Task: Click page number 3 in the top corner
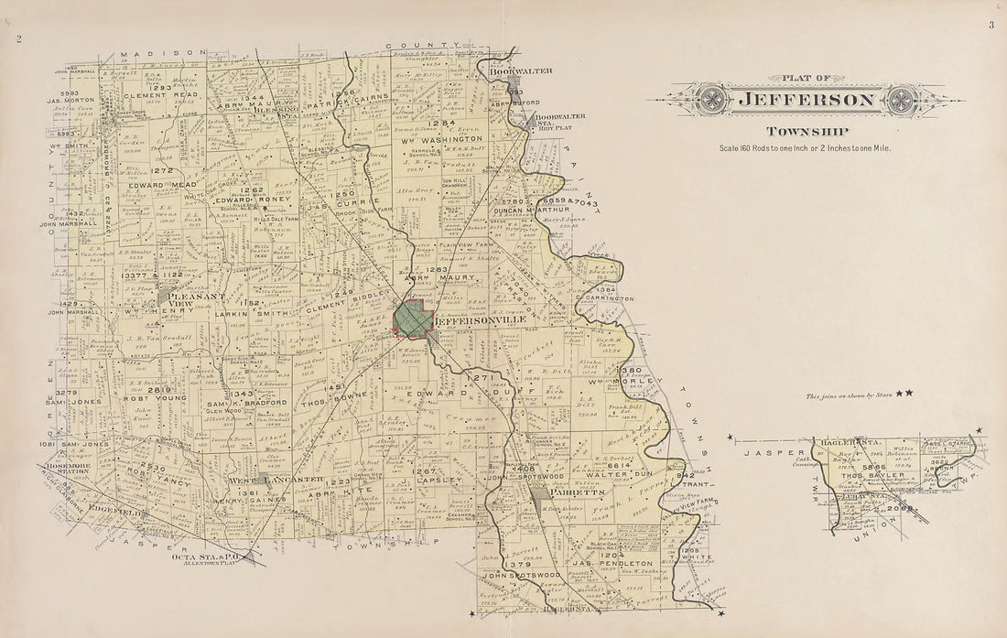coord(991,25)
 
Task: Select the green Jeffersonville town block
coord(412,318)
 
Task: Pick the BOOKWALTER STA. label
coord(559,120)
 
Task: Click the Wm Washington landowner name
coord(447,139)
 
